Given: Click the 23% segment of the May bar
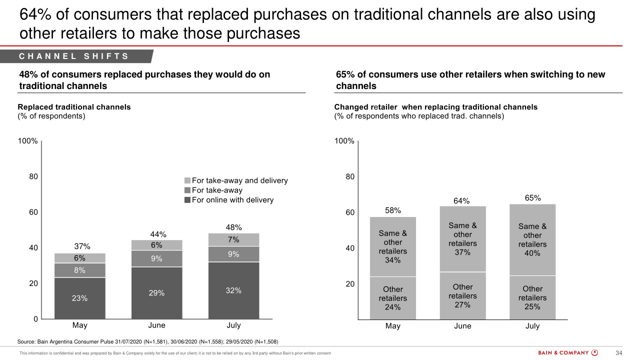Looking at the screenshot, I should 80,298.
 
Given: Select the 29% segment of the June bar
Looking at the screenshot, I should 156,293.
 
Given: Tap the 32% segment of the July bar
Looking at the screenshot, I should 233,290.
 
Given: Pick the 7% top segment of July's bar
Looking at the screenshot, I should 233,239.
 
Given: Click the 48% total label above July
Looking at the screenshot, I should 233,227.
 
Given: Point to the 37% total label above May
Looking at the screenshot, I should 82,246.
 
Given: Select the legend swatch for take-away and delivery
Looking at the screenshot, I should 187,180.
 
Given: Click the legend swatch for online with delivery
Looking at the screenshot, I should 187,200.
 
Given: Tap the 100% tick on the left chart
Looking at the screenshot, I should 28,141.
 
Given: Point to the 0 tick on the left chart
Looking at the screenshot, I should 35,319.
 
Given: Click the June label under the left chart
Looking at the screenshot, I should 156,325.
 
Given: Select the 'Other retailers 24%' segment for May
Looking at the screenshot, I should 393,298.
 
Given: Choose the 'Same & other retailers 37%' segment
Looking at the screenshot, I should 462,239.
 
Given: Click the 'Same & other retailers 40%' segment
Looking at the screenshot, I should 532,240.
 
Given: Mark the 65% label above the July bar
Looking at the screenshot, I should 532,198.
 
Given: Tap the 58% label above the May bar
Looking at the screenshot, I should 393,210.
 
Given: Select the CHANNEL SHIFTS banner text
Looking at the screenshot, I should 74,56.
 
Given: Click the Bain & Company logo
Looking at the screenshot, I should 567,352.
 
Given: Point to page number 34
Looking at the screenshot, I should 618,353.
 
